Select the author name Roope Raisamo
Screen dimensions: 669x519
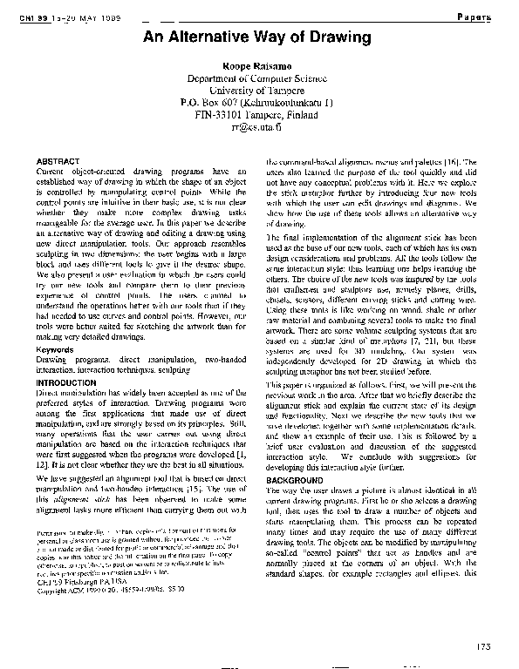pos(259,66)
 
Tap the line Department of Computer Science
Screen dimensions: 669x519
pos(259,78)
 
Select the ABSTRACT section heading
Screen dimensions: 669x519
pos(58,162)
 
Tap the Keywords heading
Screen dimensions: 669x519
pos(55,349)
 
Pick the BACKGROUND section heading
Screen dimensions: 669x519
pos(296,480)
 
